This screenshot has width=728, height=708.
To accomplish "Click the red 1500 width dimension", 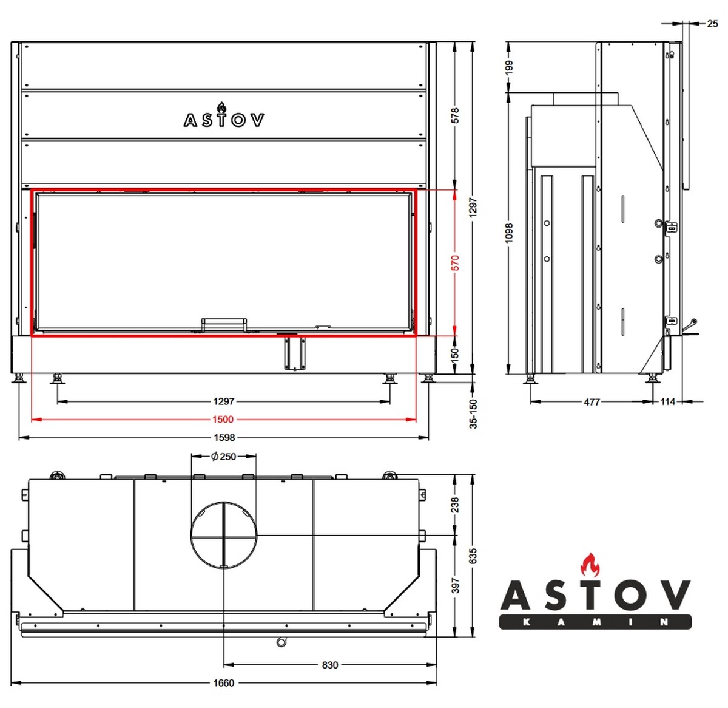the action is coord(223,420).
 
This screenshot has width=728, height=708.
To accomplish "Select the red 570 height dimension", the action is coord(455,263).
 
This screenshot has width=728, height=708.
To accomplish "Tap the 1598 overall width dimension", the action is coord(224,437).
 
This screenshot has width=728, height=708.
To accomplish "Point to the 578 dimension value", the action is coord(455,116).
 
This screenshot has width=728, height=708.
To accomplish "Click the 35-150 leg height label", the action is coord(474,414).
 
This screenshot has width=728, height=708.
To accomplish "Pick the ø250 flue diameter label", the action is coord(223,457).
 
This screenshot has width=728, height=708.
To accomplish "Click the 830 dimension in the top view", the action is coord(329,665).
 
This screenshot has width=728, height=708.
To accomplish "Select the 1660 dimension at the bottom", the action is coord(224,683).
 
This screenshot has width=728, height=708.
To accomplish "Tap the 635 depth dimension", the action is coord(473,556).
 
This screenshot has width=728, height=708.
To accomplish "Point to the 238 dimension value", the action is coord(455,505).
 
